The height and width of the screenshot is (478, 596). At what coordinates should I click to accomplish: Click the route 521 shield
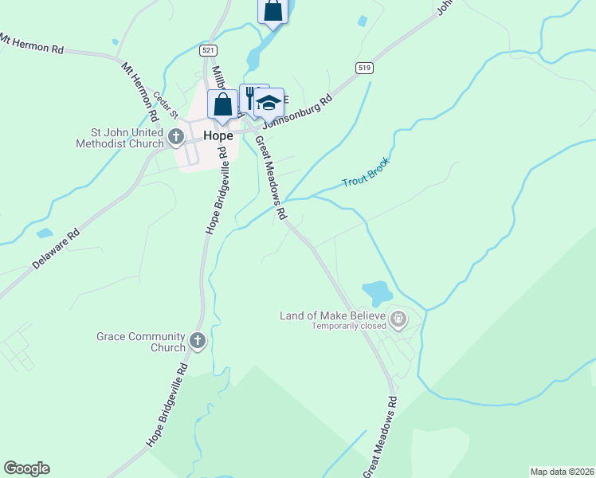pyautogui.click(x=208, y=50)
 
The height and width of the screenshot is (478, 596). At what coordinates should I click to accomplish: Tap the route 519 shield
pyautogui.click(x=364, y=68)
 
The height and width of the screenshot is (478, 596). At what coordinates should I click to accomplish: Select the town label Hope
pyautogui.click(x=218, y=136)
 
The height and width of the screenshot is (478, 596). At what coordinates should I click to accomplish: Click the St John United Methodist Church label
pyautogui.click(x=116, y=138)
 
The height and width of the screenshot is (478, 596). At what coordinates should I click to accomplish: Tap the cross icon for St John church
pyautogui.click(x=176, y=139)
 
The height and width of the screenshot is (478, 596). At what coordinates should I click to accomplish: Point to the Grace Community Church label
pyautogui.click(x=140, y=342)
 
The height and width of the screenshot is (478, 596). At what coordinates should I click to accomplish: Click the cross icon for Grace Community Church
pyautogui.click(x=198, y=343)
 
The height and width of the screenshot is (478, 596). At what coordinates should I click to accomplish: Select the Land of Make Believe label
pyautogui.click(x=332, y=315)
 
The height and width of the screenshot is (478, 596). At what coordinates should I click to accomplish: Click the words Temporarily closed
pyautogui.click(x=348, y=327)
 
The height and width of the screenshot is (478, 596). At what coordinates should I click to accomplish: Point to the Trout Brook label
pyautogui.click(x=366, y=172)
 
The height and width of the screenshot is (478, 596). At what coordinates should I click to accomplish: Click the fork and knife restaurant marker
pyautogui.click(x=250, y=99)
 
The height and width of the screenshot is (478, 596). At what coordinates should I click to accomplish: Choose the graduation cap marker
pyautogui.click(x=269, y=103)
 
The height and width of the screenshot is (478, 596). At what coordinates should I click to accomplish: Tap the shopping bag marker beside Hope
pyautogui.click(x=222, y=104)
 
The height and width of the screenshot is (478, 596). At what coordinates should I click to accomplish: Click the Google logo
pyautogui.click(x=26, y=468)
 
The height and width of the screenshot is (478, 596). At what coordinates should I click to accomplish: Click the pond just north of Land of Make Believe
pyautogui.click(x=376, y=292)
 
